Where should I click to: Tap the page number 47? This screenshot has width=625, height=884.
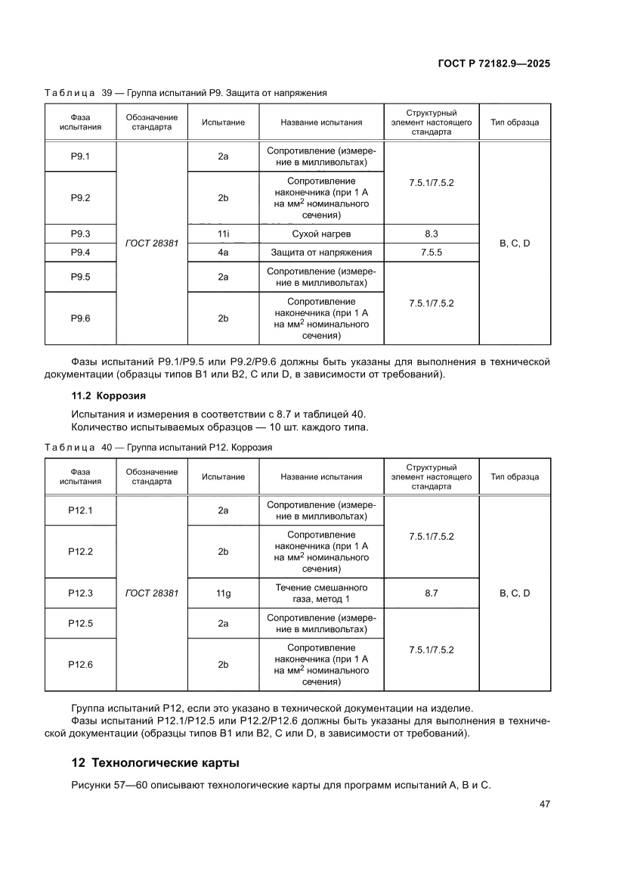point(543,804)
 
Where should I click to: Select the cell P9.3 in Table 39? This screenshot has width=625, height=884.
point(80,234)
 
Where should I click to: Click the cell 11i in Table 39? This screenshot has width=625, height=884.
point(223,234)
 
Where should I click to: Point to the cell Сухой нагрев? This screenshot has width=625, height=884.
point(321,234)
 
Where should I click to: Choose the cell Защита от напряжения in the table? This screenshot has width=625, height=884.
point(321,253)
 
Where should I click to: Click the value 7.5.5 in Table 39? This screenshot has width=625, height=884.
point(431,253)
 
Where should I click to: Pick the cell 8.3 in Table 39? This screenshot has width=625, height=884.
point(431,234)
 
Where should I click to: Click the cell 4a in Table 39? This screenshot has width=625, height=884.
point(223,253)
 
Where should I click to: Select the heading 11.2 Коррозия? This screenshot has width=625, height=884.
point(108,395)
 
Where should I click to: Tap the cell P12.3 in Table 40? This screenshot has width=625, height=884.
point(80,594)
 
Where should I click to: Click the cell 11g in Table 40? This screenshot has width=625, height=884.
point(223,594)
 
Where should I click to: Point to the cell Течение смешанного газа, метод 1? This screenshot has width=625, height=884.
point(321,594)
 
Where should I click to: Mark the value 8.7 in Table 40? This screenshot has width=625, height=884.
point(431,594)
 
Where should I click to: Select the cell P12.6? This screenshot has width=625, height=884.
point(80,664)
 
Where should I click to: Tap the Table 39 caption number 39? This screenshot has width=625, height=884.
point(107,93)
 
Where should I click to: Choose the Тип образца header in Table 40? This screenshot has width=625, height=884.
point(514,477)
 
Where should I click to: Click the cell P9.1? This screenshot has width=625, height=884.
point(80,157)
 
